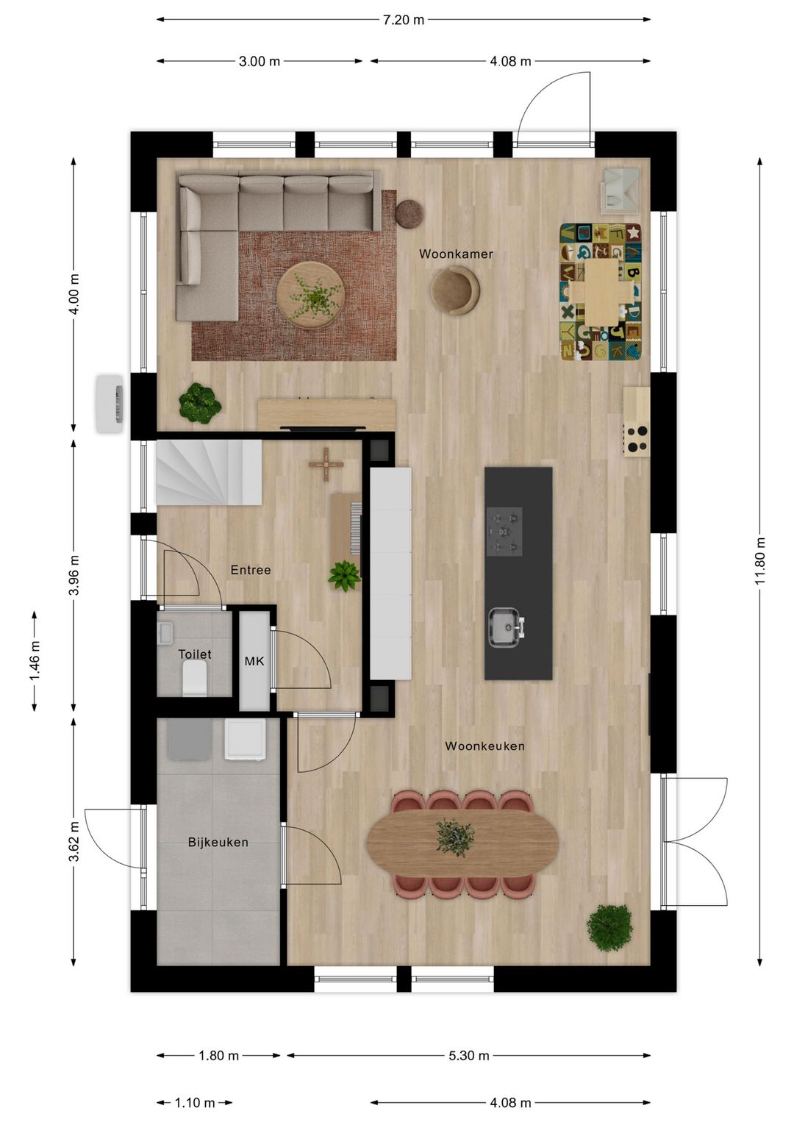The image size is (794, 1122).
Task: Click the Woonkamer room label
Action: pos(456,254)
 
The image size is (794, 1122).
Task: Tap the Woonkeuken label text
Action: pos(484,746)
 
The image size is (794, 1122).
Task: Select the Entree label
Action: pos(251,570)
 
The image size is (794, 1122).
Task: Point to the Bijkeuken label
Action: pos(218,843)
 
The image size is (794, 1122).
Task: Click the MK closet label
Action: pos(254,662)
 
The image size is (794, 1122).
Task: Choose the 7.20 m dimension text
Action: pos(403,20)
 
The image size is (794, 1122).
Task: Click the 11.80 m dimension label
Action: pos(760,561)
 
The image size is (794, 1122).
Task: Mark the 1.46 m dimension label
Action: pos(35,660)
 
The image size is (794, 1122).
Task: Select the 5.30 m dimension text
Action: pos(469,1056)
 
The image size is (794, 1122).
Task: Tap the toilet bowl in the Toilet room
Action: pos(195,677)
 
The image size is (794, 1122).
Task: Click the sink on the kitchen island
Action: pos(505,627)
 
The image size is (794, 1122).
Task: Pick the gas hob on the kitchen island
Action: pos(504,531)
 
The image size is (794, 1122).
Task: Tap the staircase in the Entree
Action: pos(209,472)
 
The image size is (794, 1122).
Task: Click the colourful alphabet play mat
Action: pos(601,292)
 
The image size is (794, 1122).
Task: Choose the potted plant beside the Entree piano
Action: pos(344,576)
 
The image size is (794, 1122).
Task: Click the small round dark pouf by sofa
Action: pos(409,213)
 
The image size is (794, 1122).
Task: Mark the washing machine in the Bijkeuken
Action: pos(245,739)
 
